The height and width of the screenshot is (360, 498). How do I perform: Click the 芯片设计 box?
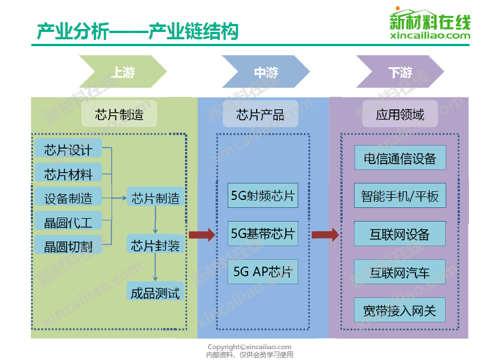[68, 149]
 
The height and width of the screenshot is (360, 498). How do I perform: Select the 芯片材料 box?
[68, 174]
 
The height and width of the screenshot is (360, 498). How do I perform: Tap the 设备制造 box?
[68, 198]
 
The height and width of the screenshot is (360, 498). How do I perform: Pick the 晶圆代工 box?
[68, 222]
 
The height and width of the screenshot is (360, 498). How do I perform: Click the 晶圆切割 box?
[68, 246]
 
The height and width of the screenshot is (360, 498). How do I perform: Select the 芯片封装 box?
[155, 246]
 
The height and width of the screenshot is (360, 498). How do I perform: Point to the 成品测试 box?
[155, 293]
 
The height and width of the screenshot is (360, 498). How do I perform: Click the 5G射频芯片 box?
[263, 196]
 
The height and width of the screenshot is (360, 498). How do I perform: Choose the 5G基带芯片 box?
[263, 234]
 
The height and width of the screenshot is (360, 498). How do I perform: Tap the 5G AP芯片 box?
[263, 272]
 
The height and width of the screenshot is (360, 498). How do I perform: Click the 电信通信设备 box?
[400, 158]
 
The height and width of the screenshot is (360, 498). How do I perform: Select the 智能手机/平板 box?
[400, 196]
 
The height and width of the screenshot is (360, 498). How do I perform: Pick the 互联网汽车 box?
[400, 272]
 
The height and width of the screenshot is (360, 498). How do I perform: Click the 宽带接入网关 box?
[400, 310]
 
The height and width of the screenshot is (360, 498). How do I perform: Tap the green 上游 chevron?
[123, 72]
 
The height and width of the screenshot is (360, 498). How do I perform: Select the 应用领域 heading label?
[400, 114]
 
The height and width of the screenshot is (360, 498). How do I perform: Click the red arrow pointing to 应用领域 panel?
[326, 235]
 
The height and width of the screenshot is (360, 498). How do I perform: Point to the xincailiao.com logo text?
[431, 36]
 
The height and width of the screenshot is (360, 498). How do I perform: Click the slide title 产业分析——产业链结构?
[137, 31]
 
